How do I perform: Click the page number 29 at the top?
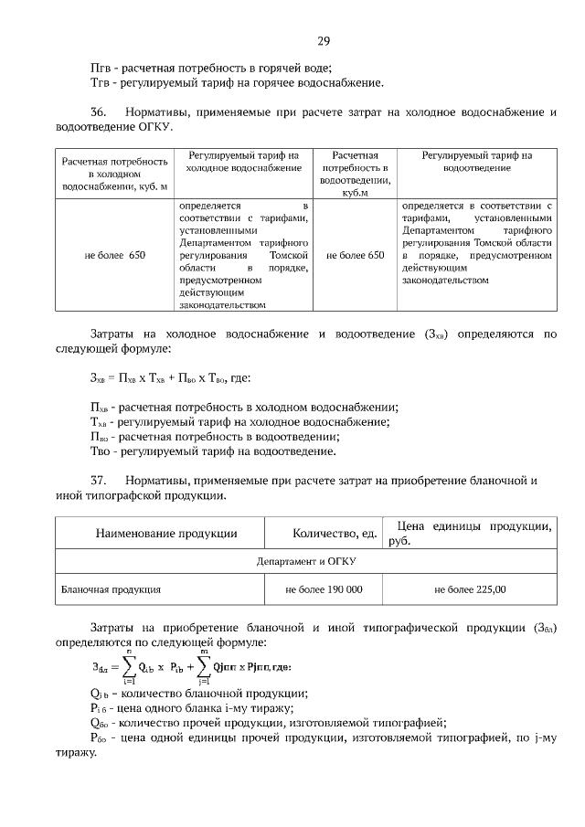tap(324, 41)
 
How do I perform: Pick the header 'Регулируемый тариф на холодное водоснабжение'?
tap(243, 162)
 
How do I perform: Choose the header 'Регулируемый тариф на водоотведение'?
tap(476, 162)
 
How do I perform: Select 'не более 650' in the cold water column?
tap(114, 255)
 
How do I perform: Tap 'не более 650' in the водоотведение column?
tap(355, 255)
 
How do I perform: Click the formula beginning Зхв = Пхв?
tap(171, 377)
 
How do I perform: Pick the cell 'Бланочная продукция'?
tap(112, 589)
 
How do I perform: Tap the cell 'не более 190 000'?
tap(324, 589)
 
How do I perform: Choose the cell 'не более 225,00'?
tap(470, 589)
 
